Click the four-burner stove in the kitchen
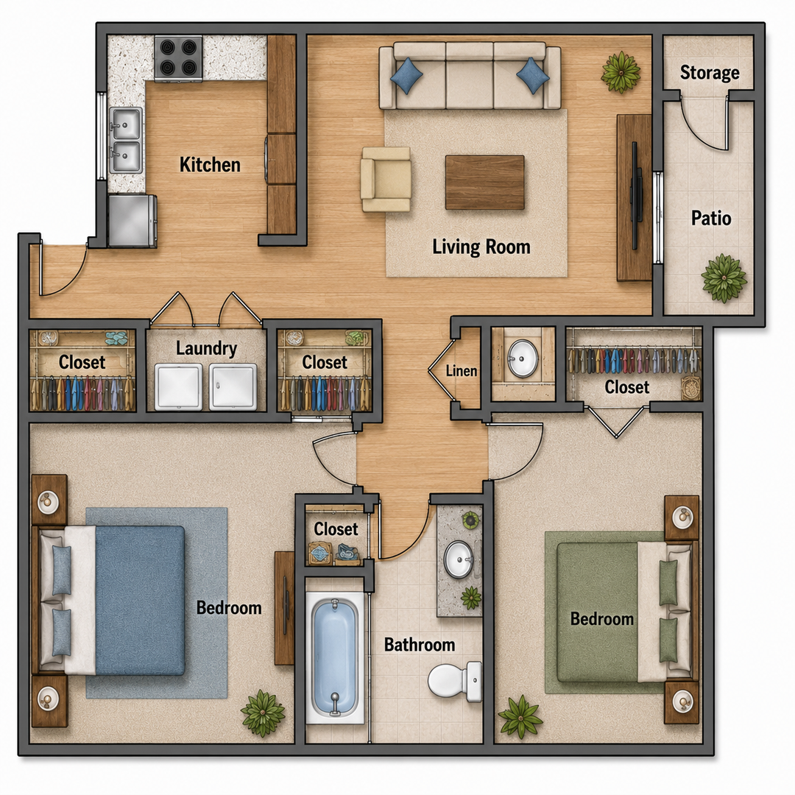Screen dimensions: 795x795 pyautogui.click(x=178, y=58)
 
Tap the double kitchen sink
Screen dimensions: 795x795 pyautogui.click(x=125, y=141)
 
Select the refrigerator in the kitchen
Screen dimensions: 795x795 pyautogui.click(x=132, y=221)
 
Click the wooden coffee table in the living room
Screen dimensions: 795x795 pyautogui.click(x=484, y=183)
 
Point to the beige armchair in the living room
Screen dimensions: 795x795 pyautogui.click(x=386, y=179)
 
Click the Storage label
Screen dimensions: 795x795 pyautogui.click(x=710, y=72)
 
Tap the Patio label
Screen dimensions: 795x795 pyautogui.click(x=711, y=219)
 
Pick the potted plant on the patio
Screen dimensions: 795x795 pyautogui.click(x=724, y=278)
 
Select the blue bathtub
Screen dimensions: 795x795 pyautogui.click(x=335, y=657)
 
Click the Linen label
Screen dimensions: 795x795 pyautogui.click(x=462, y=370)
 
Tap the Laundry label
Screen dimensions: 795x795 pyautogui.click(x=206, y=348)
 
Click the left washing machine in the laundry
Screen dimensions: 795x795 pyautogui.click(x=178, y=386)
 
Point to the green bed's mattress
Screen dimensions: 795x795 pyautogui.click(x=598, y=612)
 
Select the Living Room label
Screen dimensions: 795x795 pyautogui.click(x=481, y=247)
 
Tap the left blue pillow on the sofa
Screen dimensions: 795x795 pyautogui.click(x=406, y=76)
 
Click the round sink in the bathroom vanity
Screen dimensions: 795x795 pyautogui.click(x=459, y=559)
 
